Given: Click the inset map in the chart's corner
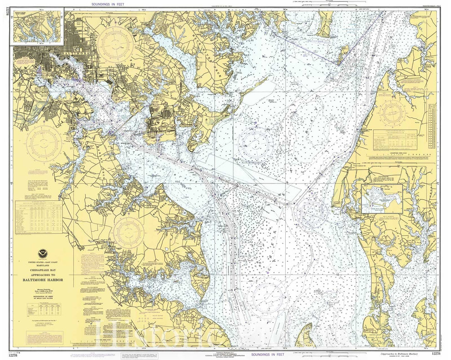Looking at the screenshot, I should [38, 27].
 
